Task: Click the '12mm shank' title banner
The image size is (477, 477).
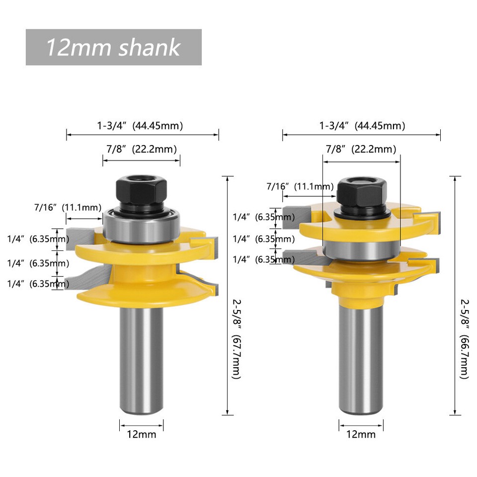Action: pyautogui.click(x=113, y=47)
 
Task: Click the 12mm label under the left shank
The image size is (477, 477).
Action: pyautogui.click(x=142, y=434)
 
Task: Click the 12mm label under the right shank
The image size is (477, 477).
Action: pyautogui.click(x=361, y=434)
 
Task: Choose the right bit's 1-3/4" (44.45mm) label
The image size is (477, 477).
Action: pyautogui.click(x=362, y=126)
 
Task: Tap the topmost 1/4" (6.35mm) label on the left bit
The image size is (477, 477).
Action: pyautogui.click(x=38, y=239)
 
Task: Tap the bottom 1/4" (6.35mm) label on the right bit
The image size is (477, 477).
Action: pyautogui.click(x=263, y=259)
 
